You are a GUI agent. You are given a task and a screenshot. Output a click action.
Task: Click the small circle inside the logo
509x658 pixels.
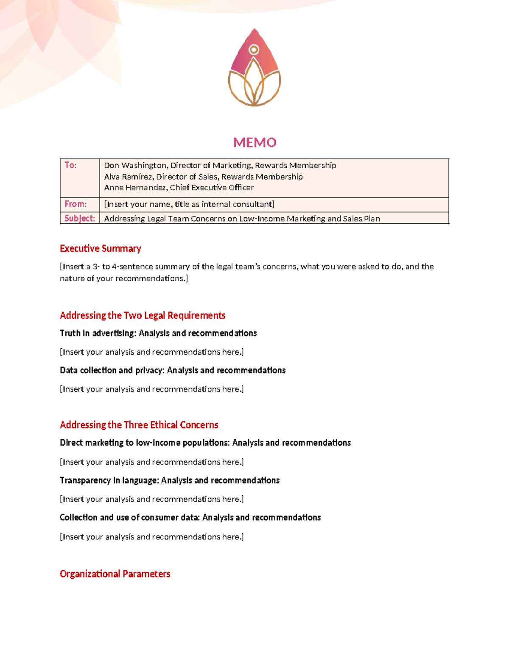pyautogui.click(x=254, y=50)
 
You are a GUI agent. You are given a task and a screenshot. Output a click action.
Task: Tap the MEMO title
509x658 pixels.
pyautogui.click(x=255, y=142)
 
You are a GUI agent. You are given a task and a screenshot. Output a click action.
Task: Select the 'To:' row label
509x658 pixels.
pyautogui.click(x=70, y=165)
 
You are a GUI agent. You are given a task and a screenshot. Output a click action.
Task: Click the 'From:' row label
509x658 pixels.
pyautogui.click(x=76, y=204)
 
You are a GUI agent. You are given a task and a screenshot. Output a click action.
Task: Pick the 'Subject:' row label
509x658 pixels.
pyautogui.click(x=80, y=218)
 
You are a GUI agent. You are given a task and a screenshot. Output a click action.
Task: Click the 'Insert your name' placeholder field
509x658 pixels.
pyautogui.click(x=189, y=204)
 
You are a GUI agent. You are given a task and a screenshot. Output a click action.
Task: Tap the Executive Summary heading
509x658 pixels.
pyautogui.click(x=101, y=248)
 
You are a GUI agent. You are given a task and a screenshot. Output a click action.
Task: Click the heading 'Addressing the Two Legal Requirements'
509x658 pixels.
pyautogui.click(x=143, y=315)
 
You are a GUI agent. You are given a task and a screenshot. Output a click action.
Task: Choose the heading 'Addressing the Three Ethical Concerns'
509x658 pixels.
pyautogui.click(x=139, y=425)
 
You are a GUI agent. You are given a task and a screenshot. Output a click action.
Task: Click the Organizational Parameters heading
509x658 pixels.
pyautogui.click(x=115, y=574)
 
